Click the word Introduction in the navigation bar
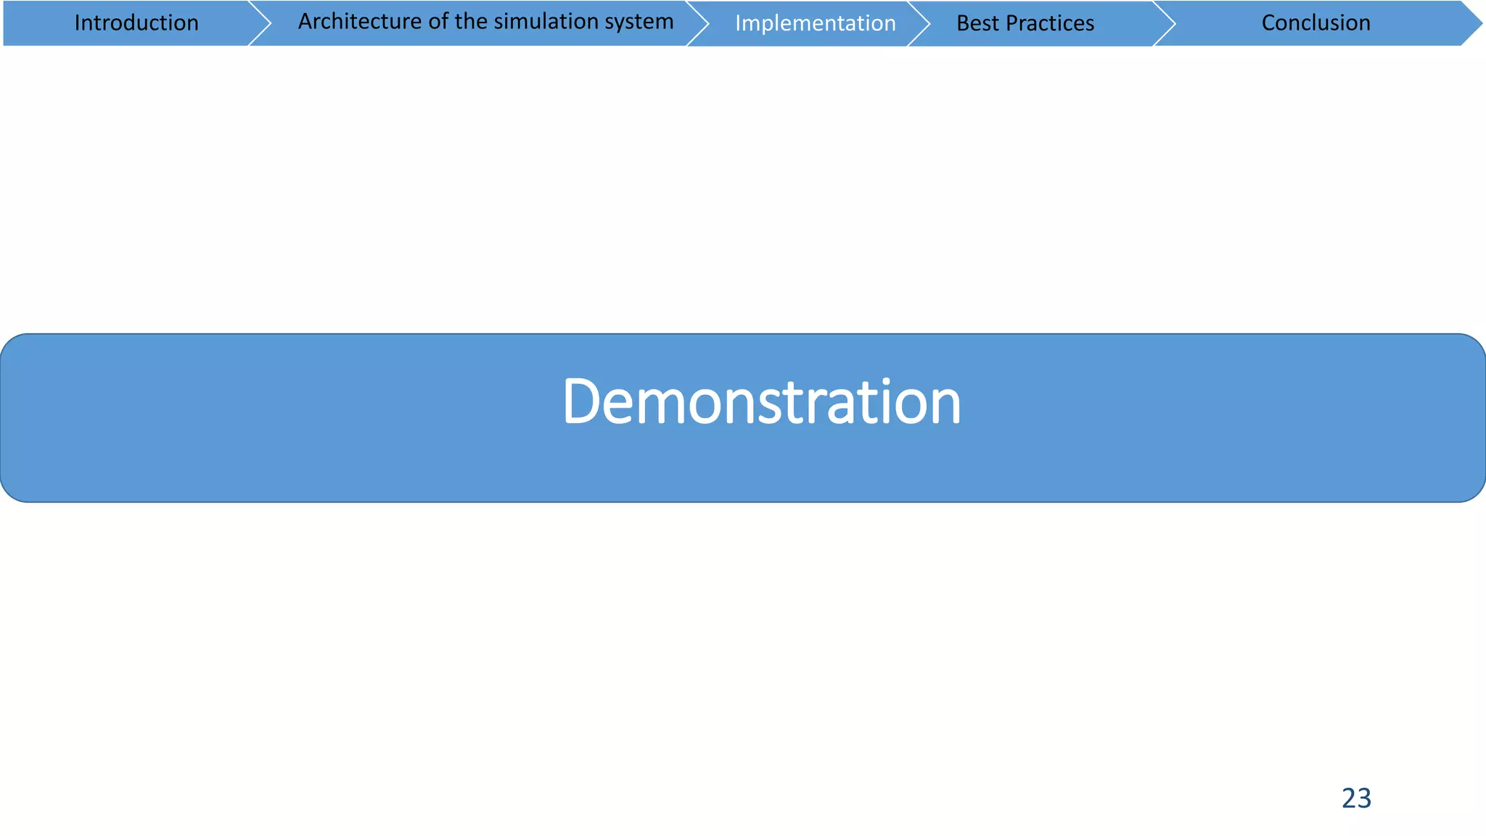click(136, 23)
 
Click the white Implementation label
click(815, 23)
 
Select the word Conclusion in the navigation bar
click(1315, 23)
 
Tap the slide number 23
click(1356, 798)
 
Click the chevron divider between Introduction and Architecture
click(260, 23)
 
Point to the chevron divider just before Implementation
click(697, 23)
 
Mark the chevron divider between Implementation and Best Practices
click(919, 23)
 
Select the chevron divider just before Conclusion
click(1164, 23)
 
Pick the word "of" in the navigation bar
click(438, 22)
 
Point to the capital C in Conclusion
click(1269, 23)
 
